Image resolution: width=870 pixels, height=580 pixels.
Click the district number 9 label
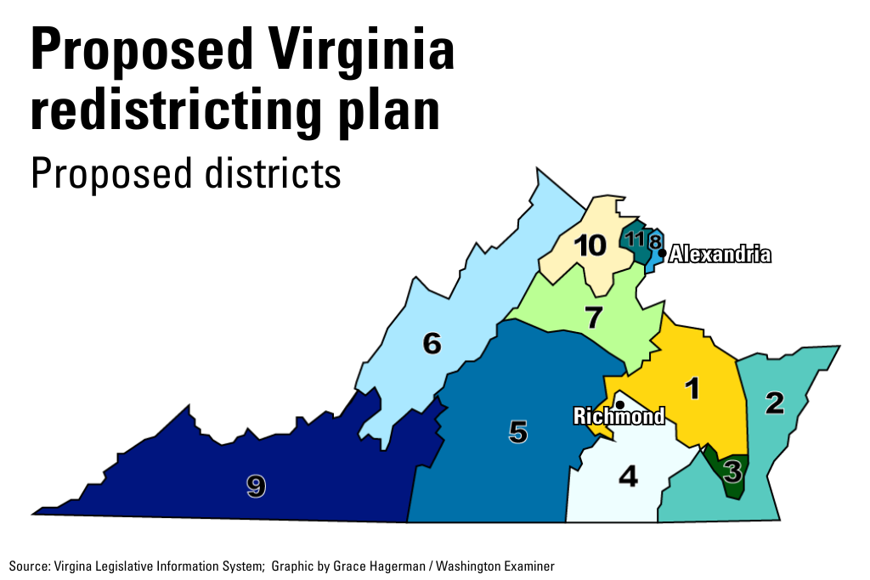tap(256, 486)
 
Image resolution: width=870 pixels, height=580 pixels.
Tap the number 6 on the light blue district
tap(432, 344)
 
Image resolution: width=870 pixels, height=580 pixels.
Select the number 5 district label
tap(518, 432)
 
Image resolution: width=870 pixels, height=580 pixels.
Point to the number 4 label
tap(628, 477)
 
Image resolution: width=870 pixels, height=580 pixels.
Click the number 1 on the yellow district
tap(693, 388)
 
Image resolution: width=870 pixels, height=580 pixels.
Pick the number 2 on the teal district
tap(774, 403)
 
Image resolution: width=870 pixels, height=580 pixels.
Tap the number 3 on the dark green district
tap(732, 469)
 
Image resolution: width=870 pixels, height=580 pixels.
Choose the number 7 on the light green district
tap(593, 318)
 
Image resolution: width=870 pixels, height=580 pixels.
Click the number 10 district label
tap(590, 246)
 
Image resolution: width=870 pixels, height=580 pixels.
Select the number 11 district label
tap(635, 239)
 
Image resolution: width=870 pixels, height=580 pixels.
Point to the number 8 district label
tap(654, 242)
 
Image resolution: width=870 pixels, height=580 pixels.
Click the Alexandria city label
tap(720, 254)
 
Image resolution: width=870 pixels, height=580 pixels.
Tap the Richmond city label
tap(619, 416)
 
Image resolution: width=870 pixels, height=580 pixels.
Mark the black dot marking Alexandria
tap(662, 253)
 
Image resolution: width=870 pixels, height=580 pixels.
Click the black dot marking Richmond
tap(620, 404)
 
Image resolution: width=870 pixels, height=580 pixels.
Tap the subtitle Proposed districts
tap(185, 174)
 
